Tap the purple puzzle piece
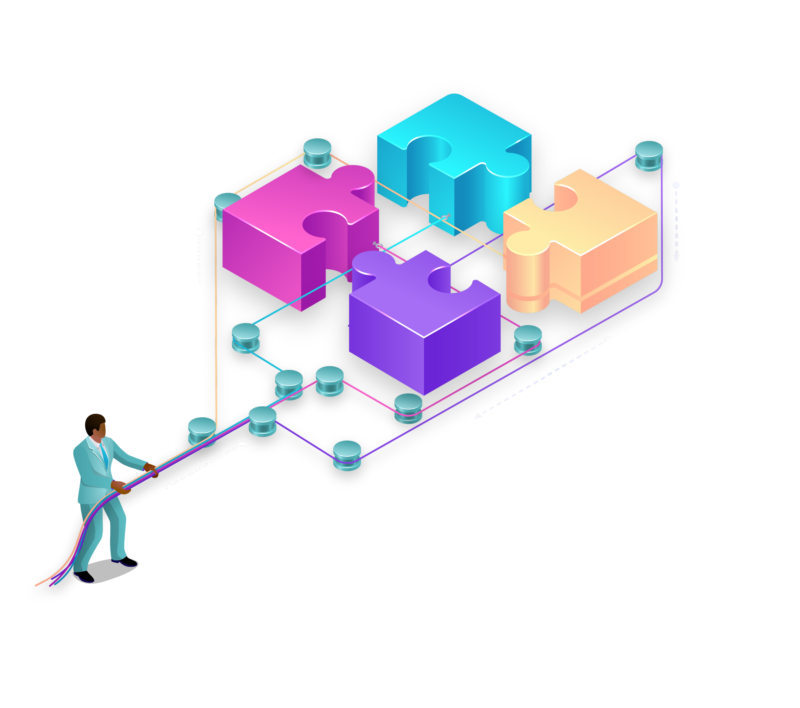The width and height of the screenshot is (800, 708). click(x=423, y=333)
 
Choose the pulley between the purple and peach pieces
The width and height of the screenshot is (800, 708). click(x=528, y=339)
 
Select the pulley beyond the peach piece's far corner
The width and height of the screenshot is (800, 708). click(x=649, y=155)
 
